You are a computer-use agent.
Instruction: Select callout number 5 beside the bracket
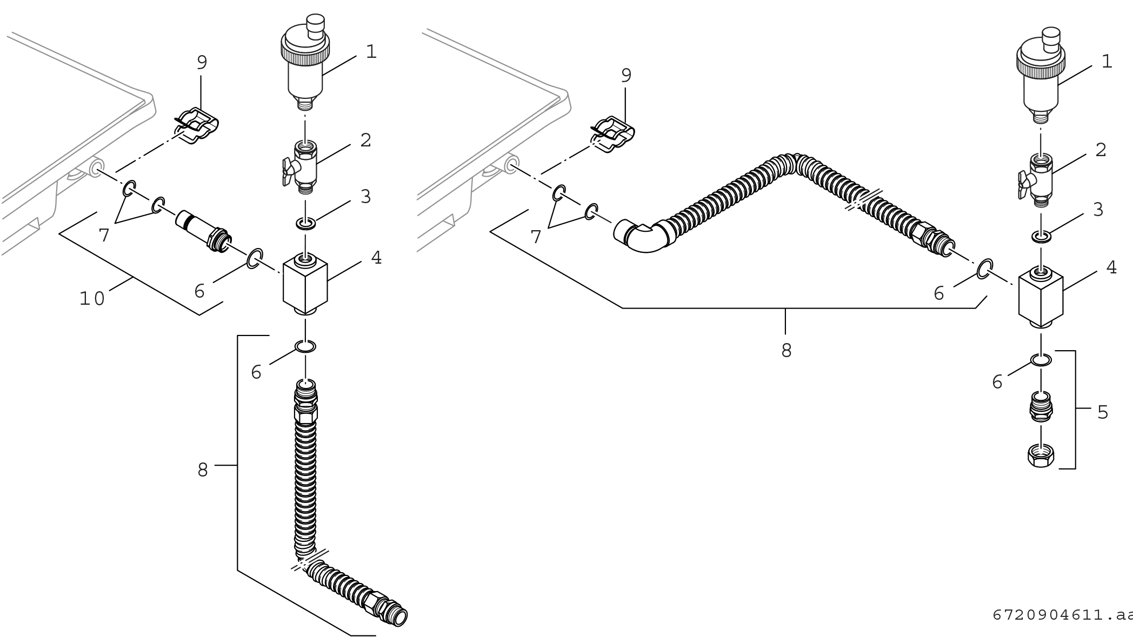tap(1103, 413)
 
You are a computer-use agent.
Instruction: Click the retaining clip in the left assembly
tap(196, 127)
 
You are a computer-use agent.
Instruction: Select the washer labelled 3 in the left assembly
tap(306, 223)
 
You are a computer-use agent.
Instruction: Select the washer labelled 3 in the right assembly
tap(1041, 236)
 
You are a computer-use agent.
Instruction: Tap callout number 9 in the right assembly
tap(626, 76)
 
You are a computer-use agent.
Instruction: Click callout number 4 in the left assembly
tap(376, 258)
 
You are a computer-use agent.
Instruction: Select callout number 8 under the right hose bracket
tap(787, 351)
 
